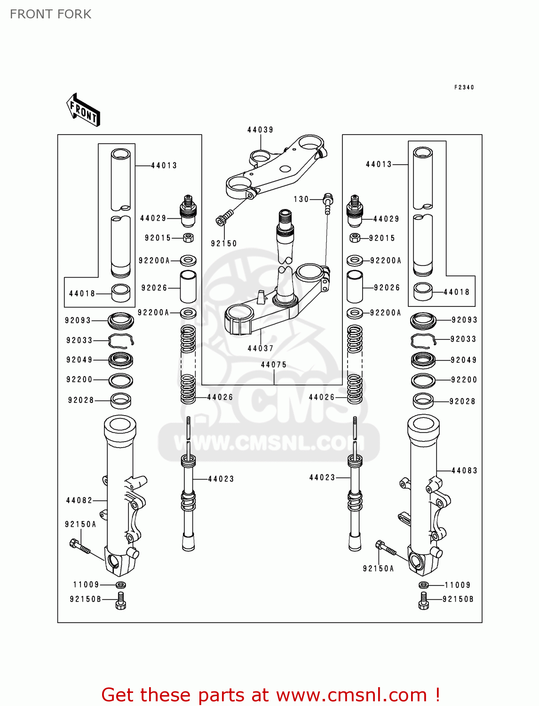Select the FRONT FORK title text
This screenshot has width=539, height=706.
pos(50,14)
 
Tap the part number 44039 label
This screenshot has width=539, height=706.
pos(260,129)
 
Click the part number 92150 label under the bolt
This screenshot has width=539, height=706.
pos(224,243)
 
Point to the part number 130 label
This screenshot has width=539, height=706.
pos(301,199)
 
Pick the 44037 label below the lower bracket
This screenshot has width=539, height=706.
pos(261,348)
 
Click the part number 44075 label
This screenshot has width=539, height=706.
pos(274,364)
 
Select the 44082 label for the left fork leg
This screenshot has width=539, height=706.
pos(79,500)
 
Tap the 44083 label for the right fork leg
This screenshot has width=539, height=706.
pos(464,470)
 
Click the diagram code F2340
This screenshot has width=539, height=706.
pos(464,87)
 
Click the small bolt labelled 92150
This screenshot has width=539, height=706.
pos(224,218)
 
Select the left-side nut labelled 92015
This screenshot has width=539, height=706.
pos(188,238)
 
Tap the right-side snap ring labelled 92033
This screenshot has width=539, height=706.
pos(423,339)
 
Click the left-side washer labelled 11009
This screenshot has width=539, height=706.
pos(120,585)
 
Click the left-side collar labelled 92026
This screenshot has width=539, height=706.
pos(188,287)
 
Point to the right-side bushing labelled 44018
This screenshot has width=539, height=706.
pos(423,291)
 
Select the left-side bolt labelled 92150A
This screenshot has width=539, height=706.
pos(80,546)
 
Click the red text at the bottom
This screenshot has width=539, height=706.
pos(270,695)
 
